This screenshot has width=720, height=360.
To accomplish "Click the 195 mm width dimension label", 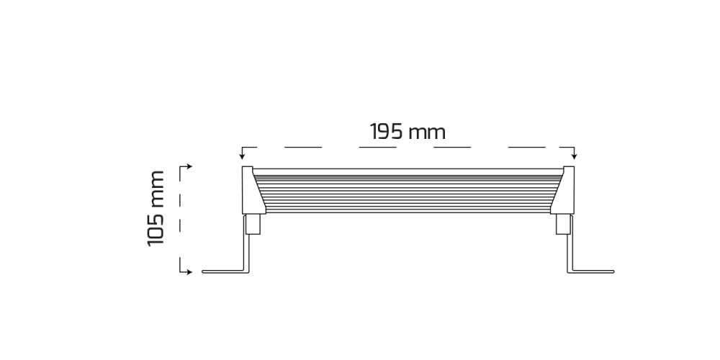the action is pyautogui.click(x=408, y=132).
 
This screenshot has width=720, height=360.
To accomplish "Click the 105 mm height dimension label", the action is pyautogui.click(x=156, y=209).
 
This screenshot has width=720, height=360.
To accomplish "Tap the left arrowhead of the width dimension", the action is pyautogui.click(x=243, y=156).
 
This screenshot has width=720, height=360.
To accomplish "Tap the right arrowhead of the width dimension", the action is pyautogui.click(x=574, y=156).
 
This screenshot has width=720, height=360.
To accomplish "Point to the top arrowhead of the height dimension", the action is pyautogui.click(x=189, y=166).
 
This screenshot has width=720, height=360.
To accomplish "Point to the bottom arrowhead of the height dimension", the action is pyautogui.click(x=189, y=272).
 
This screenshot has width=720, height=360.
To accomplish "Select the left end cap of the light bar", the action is pyautogui.click(x=251, y=190).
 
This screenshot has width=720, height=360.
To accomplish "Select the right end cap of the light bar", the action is pyautogui.click(x=566, y=190).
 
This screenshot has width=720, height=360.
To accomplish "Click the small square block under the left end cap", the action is pyautogui.click(x=253, y=225).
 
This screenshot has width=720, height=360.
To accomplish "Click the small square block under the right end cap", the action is pyautogui.click(x=564, y=225).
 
